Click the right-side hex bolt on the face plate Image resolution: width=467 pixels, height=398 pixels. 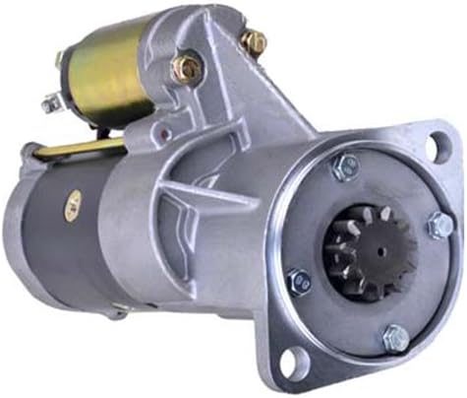[438, 226]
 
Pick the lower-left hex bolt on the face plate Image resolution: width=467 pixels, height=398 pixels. [299, 282]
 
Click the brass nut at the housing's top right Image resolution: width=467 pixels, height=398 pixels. [254, 41]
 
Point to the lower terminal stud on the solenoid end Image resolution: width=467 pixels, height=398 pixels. [51, 101]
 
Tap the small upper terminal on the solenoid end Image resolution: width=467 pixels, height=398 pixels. [62, 59]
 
